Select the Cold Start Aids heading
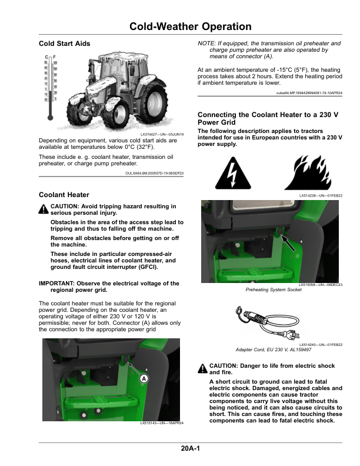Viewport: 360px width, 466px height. click(64, 44)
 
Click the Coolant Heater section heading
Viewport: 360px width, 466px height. click(64, 195)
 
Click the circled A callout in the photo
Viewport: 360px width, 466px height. click(143, 380)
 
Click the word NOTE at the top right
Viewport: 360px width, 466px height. click(206, 44)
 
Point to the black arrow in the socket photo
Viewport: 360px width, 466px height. click(286, 242)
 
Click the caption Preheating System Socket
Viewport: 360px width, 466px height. click(270, 290)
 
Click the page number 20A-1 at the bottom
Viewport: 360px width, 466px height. click(191, 449)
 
